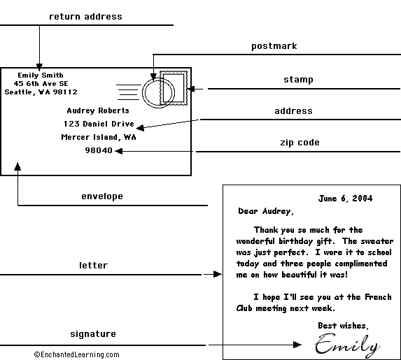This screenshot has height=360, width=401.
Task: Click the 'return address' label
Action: tap(85, 17)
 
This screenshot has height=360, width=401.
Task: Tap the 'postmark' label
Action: tap(274, 46)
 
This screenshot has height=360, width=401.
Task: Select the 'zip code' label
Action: tap(300, 143)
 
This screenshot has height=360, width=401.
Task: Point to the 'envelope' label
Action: tap(102, 196)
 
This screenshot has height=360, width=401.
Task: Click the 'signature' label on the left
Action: tap(93, 334)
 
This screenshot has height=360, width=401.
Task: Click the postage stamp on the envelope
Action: tap(174, 88)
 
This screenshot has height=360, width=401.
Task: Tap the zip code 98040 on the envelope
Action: tap(99, 150)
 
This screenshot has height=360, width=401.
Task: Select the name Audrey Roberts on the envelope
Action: tap(98, 110)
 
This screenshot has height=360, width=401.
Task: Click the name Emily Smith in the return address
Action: tap(41, 75)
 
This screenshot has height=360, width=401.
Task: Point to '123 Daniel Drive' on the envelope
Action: tap(99, 124)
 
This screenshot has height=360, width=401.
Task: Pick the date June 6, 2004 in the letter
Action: tap(345, 199)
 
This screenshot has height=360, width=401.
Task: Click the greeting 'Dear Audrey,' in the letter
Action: tap(266, 211)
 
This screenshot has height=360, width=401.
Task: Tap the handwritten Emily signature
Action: tap(347, 345)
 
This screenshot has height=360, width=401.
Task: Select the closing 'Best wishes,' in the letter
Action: tap(343, 326)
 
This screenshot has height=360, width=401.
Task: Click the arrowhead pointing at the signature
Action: tap(297, 345)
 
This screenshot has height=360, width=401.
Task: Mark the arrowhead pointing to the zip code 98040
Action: tap(119, 151)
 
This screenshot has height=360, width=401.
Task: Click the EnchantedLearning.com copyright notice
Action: tap(76, 354)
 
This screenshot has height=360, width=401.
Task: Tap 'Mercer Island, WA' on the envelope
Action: tap(99, 137)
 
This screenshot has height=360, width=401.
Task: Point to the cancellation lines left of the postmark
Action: tap(128, 92)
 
